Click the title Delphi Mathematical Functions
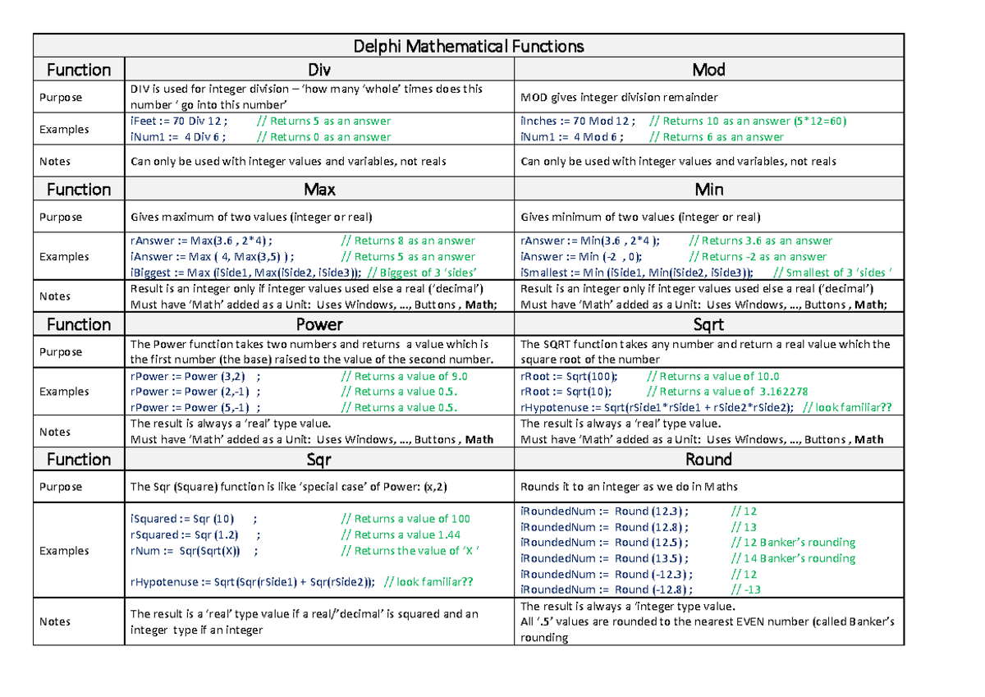(x=467, y=46)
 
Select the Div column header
(x=318, y=70)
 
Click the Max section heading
(x=318, y=190)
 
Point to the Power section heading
(x=318, y=324)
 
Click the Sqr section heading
(x=318, y=460)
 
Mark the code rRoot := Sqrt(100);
(x=570, y=376)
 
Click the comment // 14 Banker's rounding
(x=793, y=558)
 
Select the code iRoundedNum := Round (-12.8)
(x=606, y=589)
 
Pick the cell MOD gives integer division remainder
(x=619, y=98)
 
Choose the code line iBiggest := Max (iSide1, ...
(x=245, y=273)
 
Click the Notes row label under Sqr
(x=55, y=621)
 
